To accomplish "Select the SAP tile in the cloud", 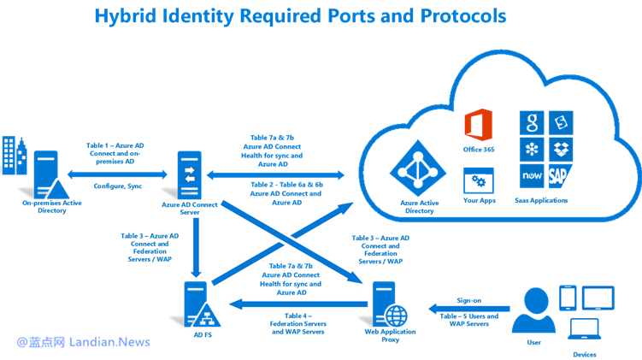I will (x=561, y=176).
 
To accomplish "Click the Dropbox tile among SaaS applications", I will (x=562, y=149).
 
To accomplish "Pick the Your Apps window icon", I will (x=477, y=180).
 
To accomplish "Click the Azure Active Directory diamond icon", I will (x=416, y=168).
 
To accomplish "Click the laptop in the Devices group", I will (x=586, y=329).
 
